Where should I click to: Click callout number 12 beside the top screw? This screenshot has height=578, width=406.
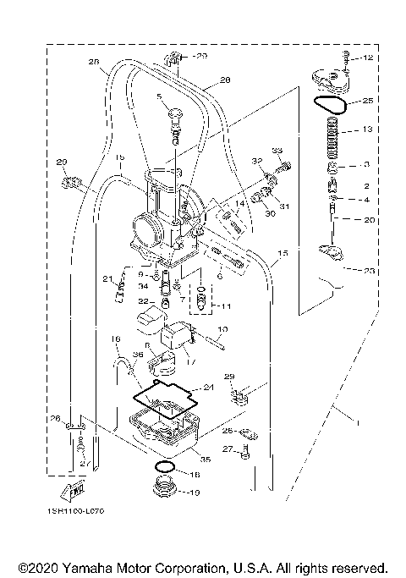pyautogui.click(x=368, y=58)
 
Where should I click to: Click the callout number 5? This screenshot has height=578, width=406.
pyautogui.click(x=158, y=98)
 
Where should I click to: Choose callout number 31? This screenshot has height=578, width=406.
pyautogui.click(x=285, y=206)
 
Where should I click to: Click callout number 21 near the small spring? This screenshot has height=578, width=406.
pyautogui.click(x=107, y=278)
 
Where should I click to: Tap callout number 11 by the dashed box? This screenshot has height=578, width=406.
pyautogui.click(x=223, y=305)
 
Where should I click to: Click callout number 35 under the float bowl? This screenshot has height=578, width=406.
pyautogui.click(x=206, y=458)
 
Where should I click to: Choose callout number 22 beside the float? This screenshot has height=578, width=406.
pyautogui.click(x=144, y=302)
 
